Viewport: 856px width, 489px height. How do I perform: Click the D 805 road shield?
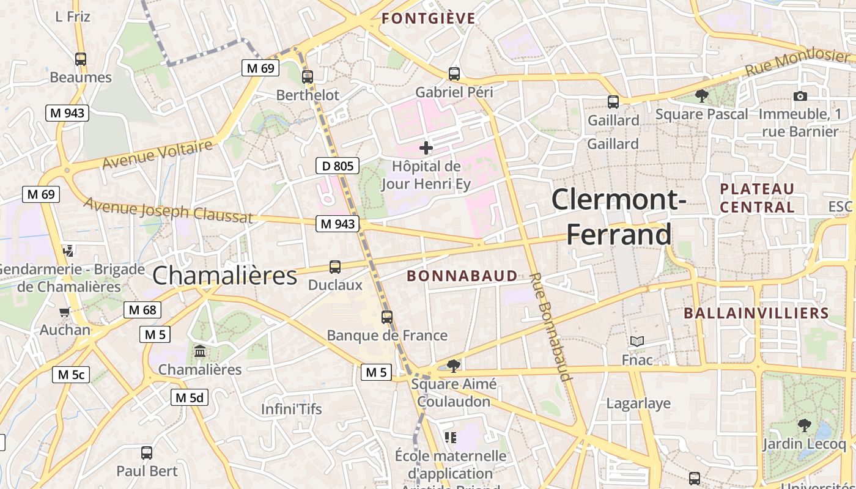pos(337,165)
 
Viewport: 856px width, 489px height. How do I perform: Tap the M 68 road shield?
pos(142,310)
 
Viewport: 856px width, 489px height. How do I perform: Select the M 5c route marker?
pos(71,375)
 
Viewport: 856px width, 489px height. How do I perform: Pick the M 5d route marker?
pos(189,397)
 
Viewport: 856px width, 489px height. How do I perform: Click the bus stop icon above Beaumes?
pos(81,59)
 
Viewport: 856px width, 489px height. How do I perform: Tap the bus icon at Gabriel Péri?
pos(454,74)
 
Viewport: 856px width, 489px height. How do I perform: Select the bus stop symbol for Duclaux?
pos(335,267)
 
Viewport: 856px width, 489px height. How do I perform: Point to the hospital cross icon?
pos(426,148)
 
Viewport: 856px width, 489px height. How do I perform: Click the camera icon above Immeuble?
pos(800,97)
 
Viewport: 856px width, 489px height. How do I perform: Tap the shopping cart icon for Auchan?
pos(65,312)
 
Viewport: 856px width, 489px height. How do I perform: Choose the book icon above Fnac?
pos(637,342)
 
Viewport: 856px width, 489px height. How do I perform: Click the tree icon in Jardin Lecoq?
pos(805,425)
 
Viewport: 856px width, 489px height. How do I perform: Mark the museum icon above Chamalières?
pos(200,351)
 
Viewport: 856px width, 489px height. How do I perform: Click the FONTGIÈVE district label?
pos(429,18)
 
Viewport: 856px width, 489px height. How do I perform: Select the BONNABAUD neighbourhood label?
pos(462,276)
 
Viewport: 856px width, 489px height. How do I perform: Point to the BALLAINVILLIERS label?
pos(756,314)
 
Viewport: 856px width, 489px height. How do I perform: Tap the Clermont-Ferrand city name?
pos(619,217)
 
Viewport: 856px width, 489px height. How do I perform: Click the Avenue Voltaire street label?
pos(157,155)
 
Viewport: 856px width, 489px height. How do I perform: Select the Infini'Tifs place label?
pos(292,409)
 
